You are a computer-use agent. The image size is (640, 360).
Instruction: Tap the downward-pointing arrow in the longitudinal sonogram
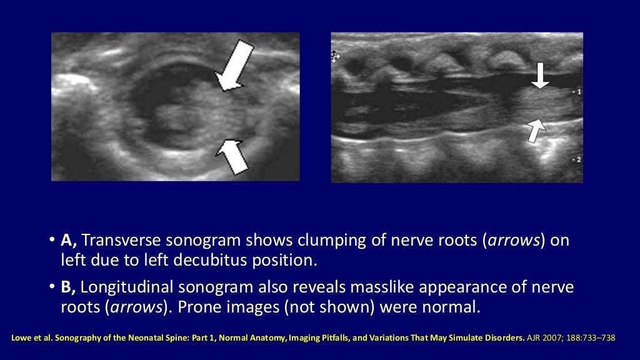(541, 75)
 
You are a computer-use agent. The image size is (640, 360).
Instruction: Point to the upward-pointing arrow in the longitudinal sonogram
(536, 130)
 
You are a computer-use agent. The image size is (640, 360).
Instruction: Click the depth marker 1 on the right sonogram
(578, 92)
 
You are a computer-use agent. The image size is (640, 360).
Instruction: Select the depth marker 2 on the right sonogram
(578, 160)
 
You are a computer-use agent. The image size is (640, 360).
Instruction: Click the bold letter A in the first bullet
(68, 241)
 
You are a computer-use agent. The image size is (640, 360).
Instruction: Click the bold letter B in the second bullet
(68, 288)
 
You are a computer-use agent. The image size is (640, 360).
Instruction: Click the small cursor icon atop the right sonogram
(335, 56)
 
